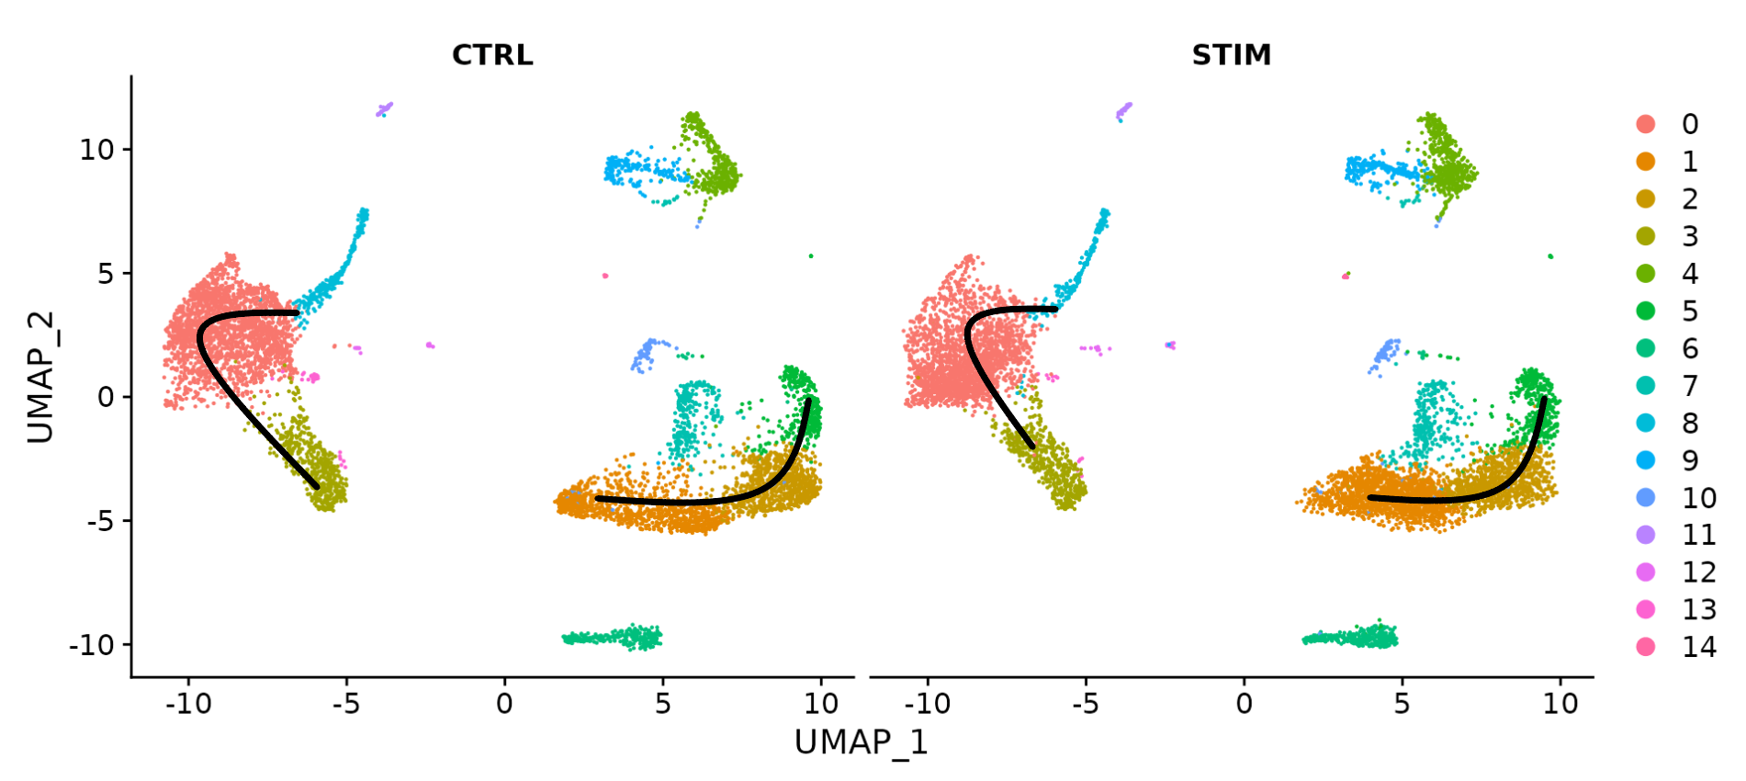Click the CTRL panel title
click(x=492, y=55)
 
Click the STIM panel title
click(x=1231, y=55)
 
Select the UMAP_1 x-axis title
click(x=861, y=742)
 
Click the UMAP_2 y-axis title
click(x=40, y=377)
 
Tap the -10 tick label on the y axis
click(x=92, y=646)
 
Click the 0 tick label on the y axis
click(x=107, y=398)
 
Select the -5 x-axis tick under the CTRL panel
click(x=346, y=705)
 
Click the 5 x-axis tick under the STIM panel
click(x=1402, y=705)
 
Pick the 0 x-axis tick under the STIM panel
click(x=1244, y=705)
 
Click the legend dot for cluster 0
click(x=1646, y=124)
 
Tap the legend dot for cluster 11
click(x=1646, y=535)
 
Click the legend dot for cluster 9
click(x=1646, y=460)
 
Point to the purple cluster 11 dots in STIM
click(x=1123, y=111)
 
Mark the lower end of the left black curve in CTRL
click(x=317, y=486)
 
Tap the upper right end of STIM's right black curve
click(x=1544, y=399)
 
